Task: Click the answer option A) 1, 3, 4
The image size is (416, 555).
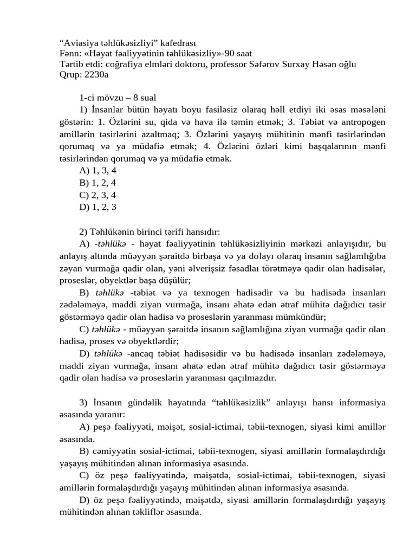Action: pos(97,170)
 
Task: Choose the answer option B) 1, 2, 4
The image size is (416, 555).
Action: pos(97,183)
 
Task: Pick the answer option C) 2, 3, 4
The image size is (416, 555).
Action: pos(97,195)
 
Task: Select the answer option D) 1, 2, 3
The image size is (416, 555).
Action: pos(97,207)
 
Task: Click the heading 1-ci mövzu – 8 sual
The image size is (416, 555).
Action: pos(118,98)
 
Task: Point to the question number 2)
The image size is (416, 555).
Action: pos(83,231)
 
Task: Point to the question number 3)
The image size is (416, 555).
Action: pos(83,403)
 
